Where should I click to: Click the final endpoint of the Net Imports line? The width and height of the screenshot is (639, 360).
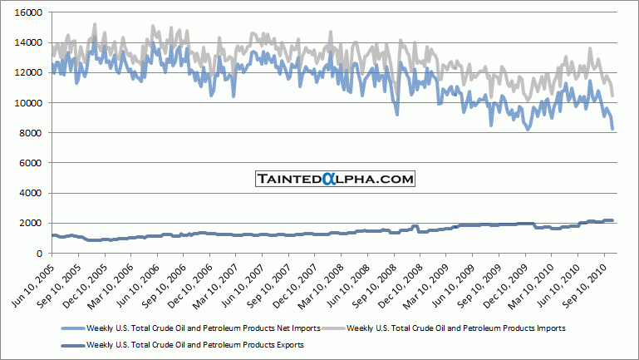pyautogui.click(x=613, y=129)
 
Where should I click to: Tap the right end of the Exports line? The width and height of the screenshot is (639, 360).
pyautogui.click(x=613, y=220)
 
